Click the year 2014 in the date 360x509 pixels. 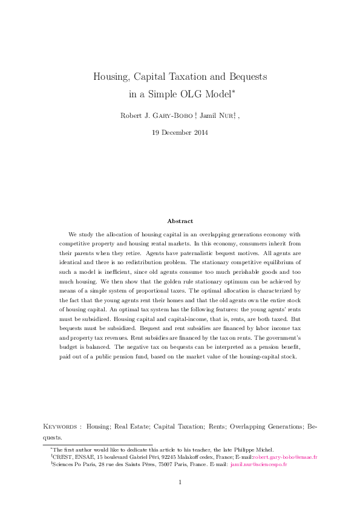pos(199,132)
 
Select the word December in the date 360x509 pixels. pos(175,132)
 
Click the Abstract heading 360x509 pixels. pos(180,221)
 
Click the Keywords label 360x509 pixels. pos(62,427)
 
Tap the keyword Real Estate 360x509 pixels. pos(131,427)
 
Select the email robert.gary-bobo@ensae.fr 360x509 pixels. pos(284,457)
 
